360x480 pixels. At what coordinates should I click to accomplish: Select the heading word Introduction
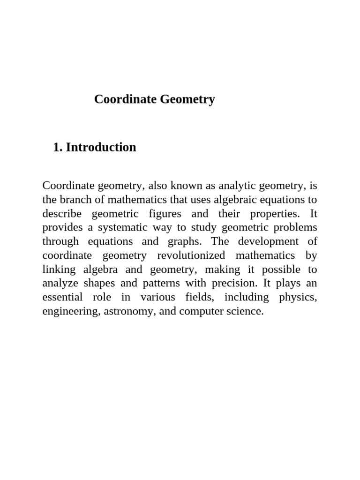[101, 147]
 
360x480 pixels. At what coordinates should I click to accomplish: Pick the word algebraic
[236, 200]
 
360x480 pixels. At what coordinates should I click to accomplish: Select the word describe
[62, 214]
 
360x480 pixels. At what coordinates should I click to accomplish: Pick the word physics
[298, 297]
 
